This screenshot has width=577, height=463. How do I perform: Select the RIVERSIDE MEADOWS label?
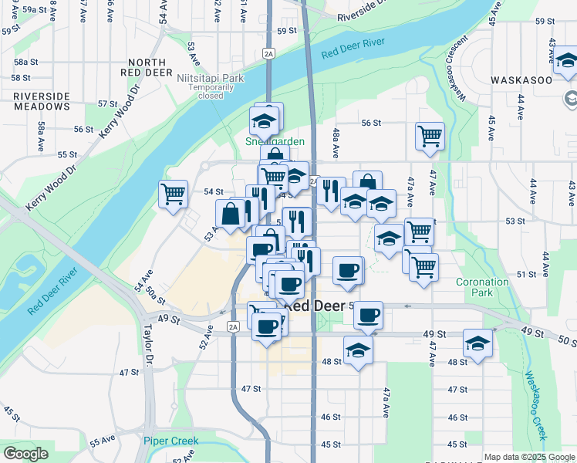(41, 101)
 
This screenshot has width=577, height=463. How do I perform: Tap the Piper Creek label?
(170, 441)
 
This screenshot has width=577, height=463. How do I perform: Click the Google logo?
(25, 454)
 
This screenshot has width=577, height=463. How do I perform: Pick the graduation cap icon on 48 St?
(358, 350)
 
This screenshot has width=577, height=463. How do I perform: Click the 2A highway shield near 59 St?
(268, 53)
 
